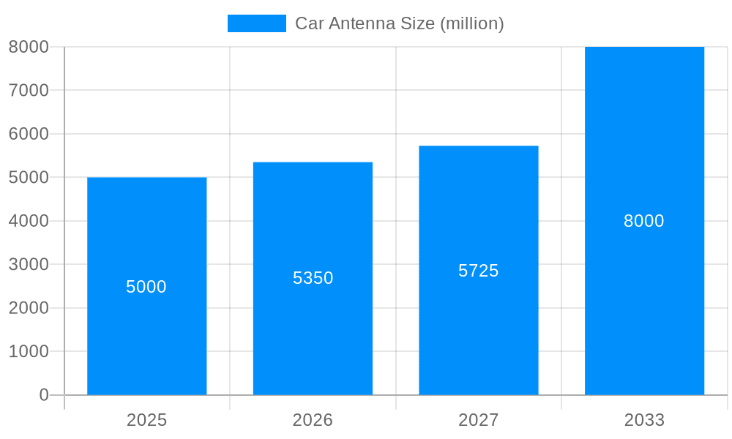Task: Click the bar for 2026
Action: point(313,337)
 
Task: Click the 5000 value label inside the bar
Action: point(146,287)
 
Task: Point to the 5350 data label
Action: point(313,278)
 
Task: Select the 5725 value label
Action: point(479,271)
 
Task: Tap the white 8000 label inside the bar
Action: point(644,221)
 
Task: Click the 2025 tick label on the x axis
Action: point(146,420)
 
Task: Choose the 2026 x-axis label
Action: point(313,420)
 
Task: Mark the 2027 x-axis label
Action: point(479,420)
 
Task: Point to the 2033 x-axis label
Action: point(644,420)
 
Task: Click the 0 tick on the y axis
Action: point(43,395)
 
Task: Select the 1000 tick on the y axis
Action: point(29,352)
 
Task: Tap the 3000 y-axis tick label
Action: point(29,265)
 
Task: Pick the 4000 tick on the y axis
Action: point(29,221)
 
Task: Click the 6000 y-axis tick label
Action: point(29,134)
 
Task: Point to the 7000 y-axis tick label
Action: point(29,91)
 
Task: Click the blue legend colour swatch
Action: point(256,23)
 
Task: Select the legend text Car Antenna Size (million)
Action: point(400,23)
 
